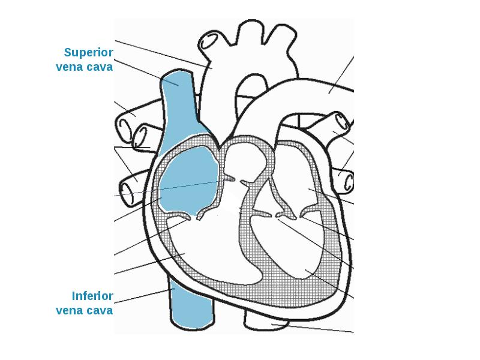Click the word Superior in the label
pyautogui.click(x=89, y=53)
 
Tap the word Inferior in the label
pyautogui.click(x=92, y=296)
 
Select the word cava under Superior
pyautogui.click(x=100, y=67)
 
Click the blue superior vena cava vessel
pyautogui.click(x=178, y=102)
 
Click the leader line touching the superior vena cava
pyautogui.click(x=144, y=71)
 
